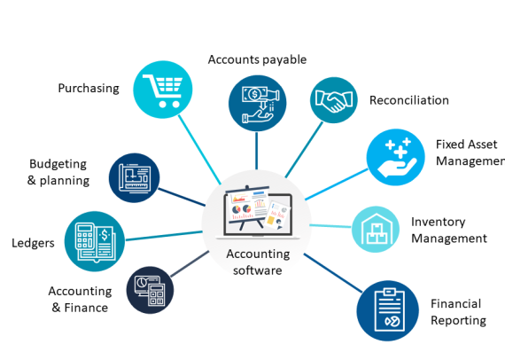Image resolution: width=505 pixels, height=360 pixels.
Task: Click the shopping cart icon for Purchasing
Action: point(163,90)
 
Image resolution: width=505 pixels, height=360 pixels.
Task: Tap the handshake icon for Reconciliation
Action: point(334,100)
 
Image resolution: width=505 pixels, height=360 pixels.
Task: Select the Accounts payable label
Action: point(257,59)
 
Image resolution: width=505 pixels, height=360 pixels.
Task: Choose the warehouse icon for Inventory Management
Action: point(376,229)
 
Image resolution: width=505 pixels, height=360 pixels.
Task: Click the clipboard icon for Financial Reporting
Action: point(388,310)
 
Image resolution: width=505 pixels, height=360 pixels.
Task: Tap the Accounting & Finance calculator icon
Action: point(150,290)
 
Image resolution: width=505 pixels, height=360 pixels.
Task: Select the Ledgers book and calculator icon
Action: point(95,241)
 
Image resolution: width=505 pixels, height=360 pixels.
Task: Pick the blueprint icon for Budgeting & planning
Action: point(135,178)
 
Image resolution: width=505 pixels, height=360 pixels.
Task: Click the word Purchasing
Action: point(89,89)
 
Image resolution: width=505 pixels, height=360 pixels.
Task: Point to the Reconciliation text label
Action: point(409,100)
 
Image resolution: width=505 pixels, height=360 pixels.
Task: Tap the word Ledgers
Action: point(33,243)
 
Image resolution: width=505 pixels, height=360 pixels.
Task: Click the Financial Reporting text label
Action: point(458,312)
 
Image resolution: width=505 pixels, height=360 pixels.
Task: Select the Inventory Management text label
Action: point(449,231)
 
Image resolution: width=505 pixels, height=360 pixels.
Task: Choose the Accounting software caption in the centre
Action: point(258,262)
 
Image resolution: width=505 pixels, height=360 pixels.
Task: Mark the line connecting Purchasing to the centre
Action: point(199,150)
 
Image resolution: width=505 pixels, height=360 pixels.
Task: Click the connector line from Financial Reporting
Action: point(333,273)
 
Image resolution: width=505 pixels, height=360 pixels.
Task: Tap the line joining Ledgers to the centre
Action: point(164,236)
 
